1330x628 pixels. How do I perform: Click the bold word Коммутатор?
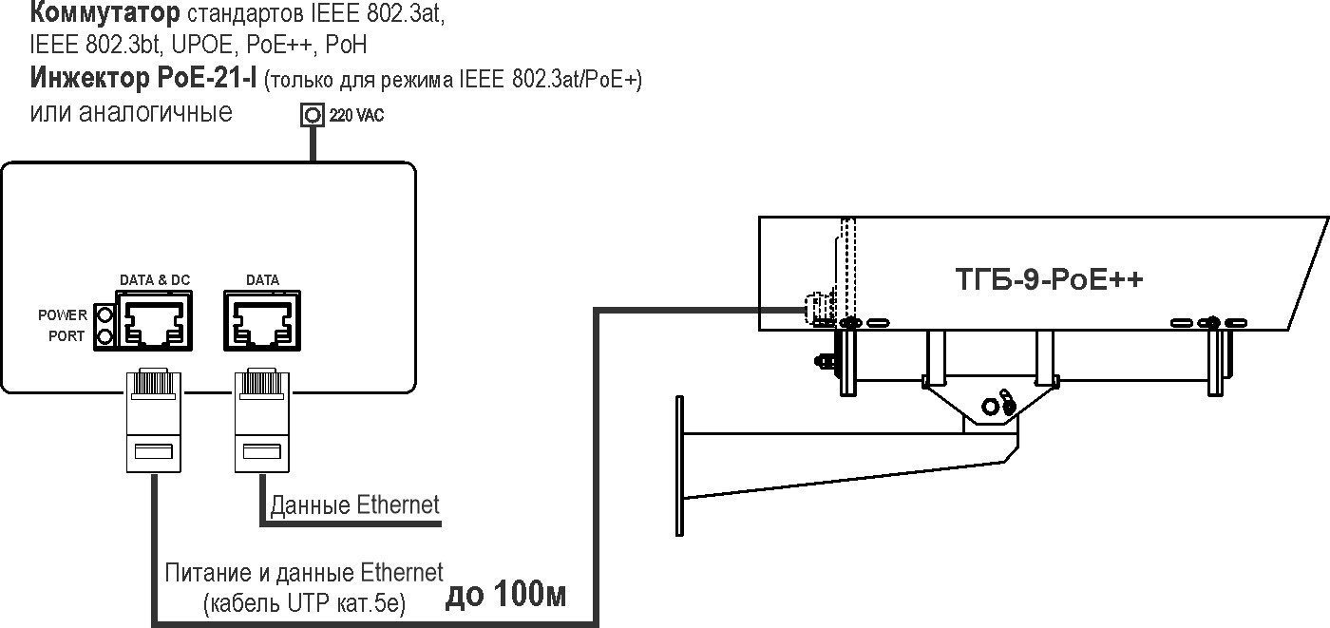[104, 14]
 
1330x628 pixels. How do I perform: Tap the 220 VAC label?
[357, 117]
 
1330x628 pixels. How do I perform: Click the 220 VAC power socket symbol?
[312, 115]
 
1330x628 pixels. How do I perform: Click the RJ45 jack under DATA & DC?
[153, 322]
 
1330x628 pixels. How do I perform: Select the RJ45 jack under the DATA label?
[261, 322]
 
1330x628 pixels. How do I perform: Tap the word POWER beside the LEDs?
[62, 314]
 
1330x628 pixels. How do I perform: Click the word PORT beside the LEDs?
[67, 336]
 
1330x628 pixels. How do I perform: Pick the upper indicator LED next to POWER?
[104, 314]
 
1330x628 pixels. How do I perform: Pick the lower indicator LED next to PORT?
[104, 336]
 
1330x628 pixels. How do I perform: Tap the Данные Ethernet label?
[355, 504]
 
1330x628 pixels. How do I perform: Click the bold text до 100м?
[506, 596]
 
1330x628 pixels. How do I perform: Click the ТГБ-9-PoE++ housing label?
[1048, 281]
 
